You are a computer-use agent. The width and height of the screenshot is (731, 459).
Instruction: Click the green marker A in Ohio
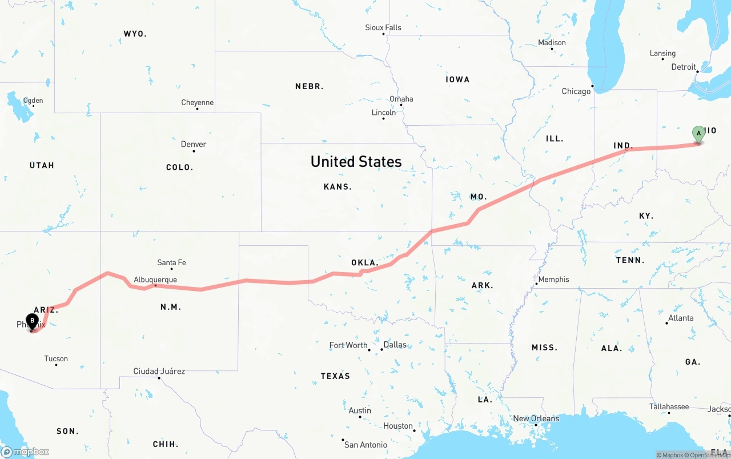pyautogui.click(x=698, y=134)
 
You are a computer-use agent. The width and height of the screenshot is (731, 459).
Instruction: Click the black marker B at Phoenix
pyautogui.click(x=32, y=321)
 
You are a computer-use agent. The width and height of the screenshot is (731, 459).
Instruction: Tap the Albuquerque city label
pyautogui.click(x=155, y=280)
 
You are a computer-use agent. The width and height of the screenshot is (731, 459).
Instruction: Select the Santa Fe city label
pyautogui.click(x=171, y=262)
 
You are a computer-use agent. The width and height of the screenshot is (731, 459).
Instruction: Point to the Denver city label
pyautogui.click(x=194, y=144)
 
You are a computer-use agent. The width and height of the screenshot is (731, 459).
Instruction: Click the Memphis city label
pyautogui.click(x=553, y=280)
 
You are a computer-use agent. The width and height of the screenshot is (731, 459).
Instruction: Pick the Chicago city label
pyautogui.click(x=576, y=91)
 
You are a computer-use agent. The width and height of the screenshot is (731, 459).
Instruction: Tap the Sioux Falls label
pyautogui.click(x=383, y=27)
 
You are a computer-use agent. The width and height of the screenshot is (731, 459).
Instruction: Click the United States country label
pyautogui.click(x=356, y=162)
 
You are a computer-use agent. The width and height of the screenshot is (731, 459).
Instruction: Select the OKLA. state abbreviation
pyautogui.click(x=364, y=263)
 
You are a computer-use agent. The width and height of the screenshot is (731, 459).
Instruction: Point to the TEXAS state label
pyautogui.click(x=335, y=376)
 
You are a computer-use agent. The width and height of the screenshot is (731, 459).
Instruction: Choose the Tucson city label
pyautogui.click(x=56, y=359)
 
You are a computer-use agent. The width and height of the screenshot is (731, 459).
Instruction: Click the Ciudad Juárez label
pyautogui.click(x=159, y=371)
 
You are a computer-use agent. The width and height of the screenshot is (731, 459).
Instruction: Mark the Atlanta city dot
pyautogui.click(x=666, y=324)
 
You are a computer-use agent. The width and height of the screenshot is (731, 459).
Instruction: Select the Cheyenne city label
pyautogui.click(x=198, y=103)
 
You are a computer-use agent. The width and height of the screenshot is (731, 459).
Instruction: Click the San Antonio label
pyautogui.click(x=365, y=445)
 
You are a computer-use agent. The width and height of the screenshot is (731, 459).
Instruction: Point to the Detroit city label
pyautogui.click(x=684, y=67)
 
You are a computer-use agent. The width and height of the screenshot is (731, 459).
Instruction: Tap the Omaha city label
pyautogui.click(x=401, y=99)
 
